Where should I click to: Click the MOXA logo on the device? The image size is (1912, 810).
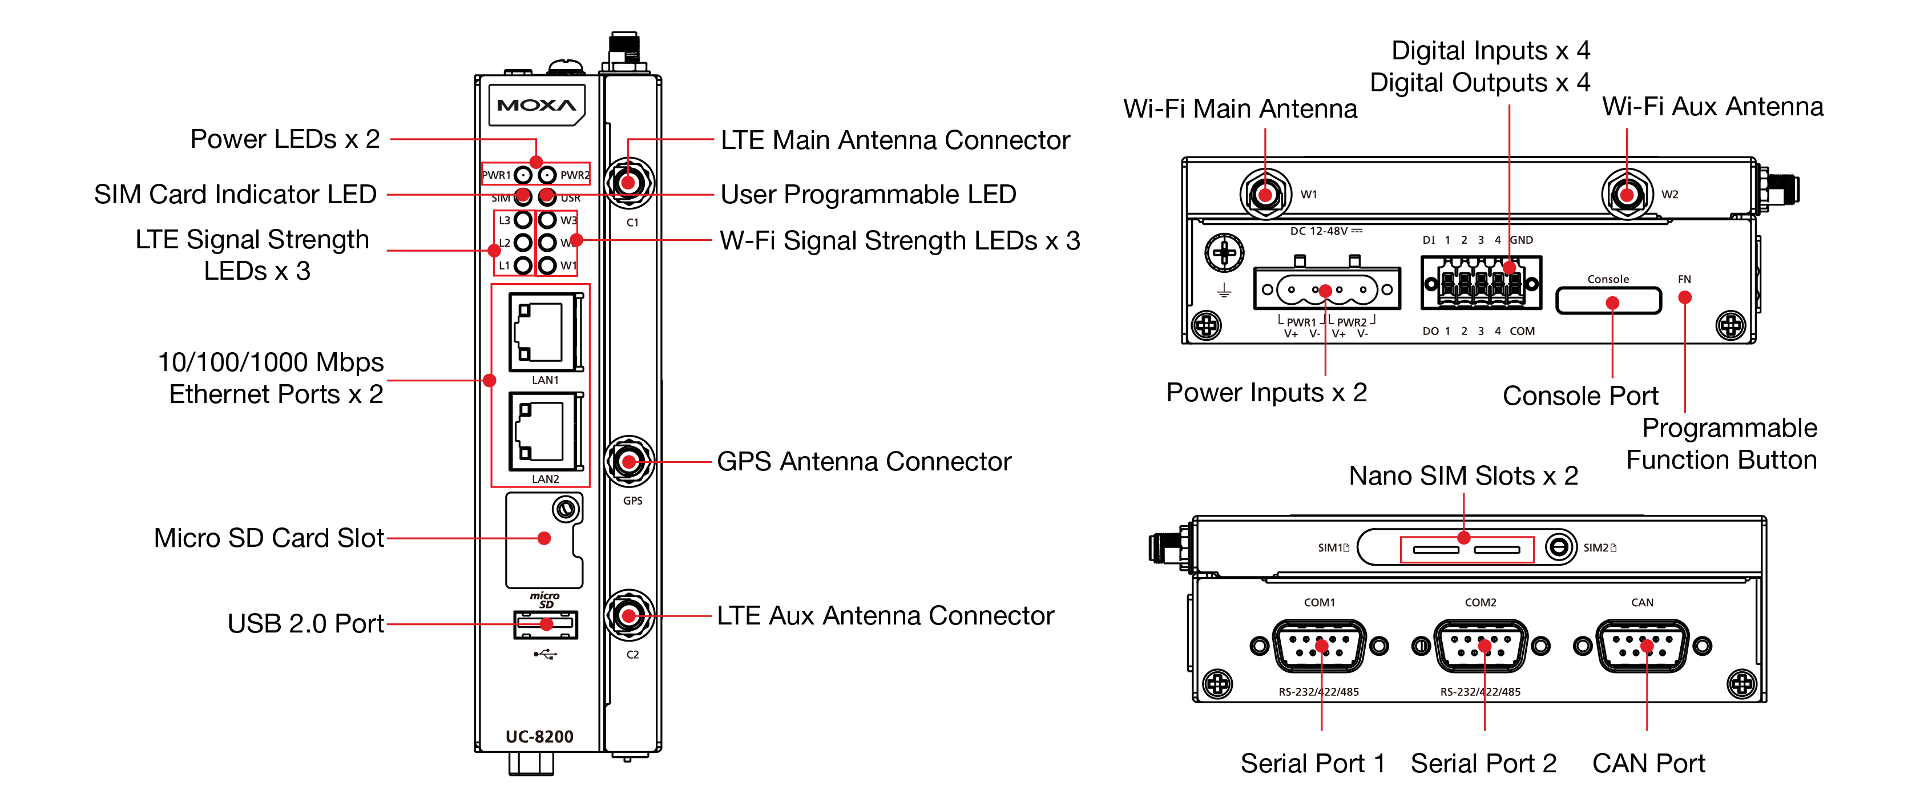(536, 106)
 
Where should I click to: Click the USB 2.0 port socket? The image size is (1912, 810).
(546, 624)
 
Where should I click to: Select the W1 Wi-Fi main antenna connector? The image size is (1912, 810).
(1265, 195)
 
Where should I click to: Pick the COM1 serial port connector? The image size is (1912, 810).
(1319, 646)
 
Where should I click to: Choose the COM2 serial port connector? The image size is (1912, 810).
(1481, 646)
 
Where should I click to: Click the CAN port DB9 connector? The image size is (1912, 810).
(1643, 646)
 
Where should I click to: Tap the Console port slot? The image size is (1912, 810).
(1608, 301)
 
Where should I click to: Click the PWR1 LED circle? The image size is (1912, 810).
(523, 175)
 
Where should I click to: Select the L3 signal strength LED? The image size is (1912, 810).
(523, 220)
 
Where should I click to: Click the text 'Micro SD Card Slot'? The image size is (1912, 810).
(269, 538)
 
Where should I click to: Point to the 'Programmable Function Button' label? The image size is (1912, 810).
(1722, 444)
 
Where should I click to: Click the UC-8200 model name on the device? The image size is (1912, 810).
(539, 736)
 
